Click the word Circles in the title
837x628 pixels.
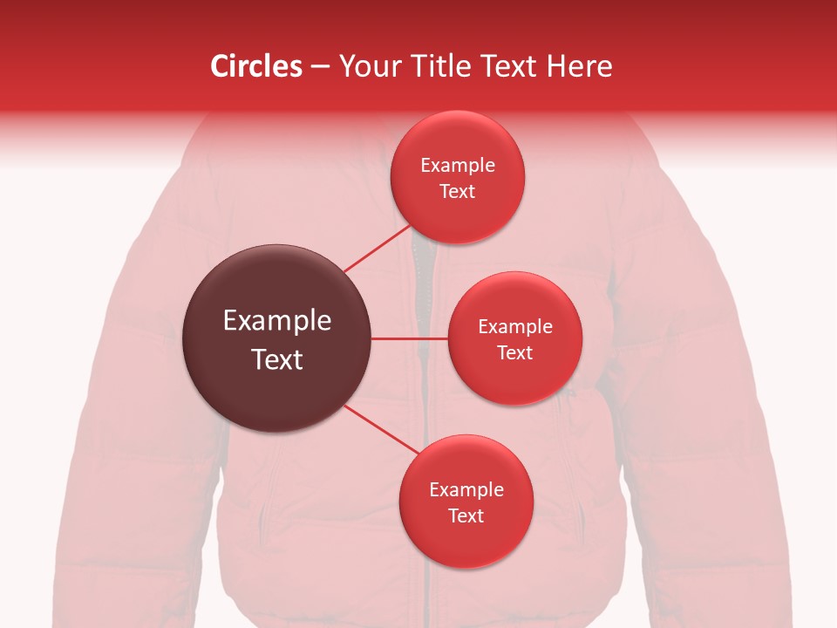click(x=256, y=66)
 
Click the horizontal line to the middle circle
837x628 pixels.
click(x=410, y=338)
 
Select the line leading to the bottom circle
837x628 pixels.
click(x=381, y=429)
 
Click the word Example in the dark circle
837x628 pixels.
click(x=277, y=321)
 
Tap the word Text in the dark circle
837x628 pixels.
click(x=277, y=359)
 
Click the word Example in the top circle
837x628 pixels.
click(x=458, y=166)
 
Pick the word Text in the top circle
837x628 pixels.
click(x=458, y=192)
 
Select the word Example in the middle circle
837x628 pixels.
click(x=515, y=327)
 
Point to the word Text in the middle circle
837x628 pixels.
click(x=515, y=353)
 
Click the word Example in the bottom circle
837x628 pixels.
click(x=466, y=490)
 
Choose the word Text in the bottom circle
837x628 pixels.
click(x=466, y=516)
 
